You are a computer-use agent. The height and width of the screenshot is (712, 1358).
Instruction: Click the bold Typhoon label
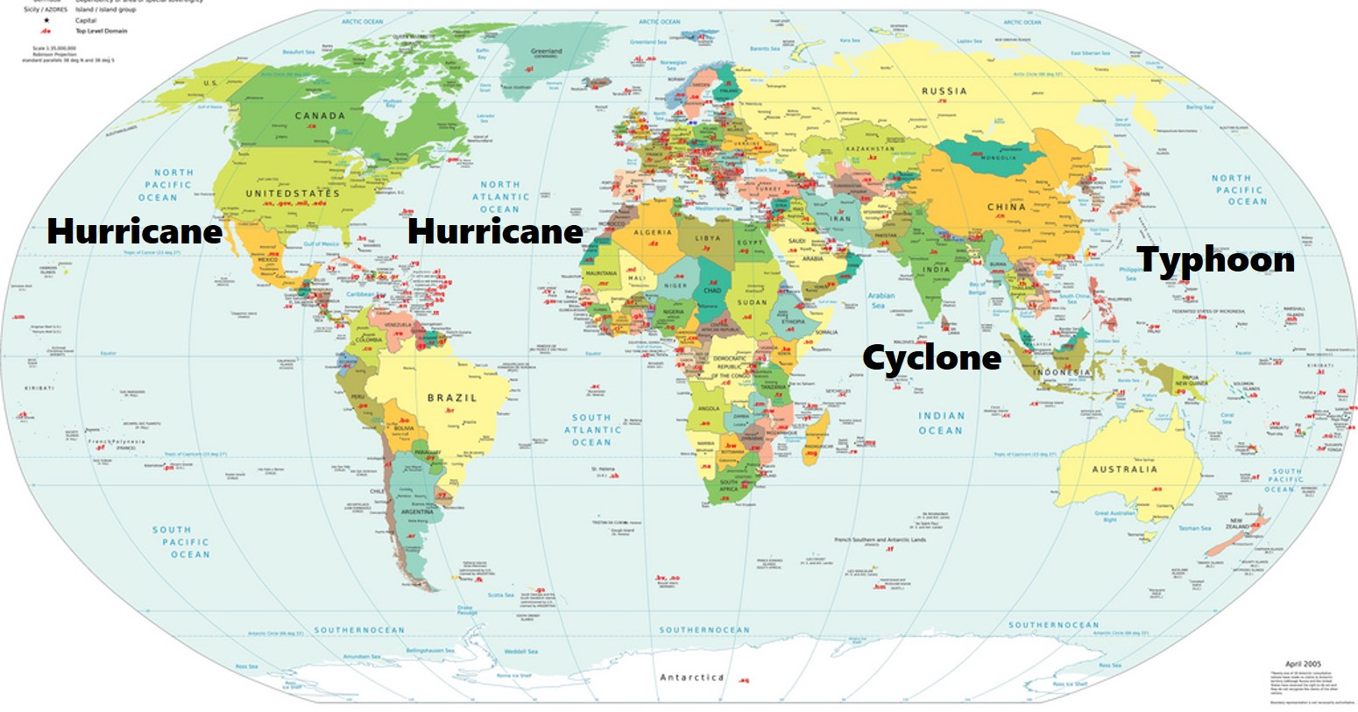coord(1215,260)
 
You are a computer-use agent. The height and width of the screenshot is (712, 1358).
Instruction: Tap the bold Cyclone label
coord(931,357)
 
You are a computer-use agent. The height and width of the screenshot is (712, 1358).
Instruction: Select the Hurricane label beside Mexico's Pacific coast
coord(134,231)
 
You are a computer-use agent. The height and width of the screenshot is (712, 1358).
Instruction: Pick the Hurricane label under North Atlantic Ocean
coord(495,231)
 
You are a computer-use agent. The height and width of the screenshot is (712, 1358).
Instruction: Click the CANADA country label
coord(320,116)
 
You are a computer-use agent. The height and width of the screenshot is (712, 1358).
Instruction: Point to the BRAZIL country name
coord(452,398)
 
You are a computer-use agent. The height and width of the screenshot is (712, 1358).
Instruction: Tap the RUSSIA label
coord(944,91)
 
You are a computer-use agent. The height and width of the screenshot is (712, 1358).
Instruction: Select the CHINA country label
coord(1007,207)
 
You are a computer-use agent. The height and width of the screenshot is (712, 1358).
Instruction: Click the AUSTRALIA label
coord(1124,469)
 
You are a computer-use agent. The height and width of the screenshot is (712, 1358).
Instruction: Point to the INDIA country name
coord(935,269)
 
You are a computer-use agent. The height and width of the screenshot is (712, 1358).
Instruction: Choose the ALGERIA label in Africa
coord(653,232)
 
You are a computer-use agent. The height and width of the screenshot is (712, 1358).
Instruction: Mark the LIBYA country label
coord(707,237)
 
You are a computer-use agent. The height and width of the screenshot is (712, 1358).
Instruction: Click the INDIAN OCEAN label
coord(941,423)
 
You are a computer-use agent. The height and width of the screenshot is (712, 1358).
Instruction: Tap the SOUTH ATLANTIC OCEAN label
coord(592,430)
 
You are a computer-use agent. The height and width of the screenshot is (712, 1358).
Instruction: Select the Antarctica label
coord(691,677)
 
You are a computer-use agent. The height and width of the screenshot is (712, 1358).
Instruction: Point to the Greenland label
coord(546,51)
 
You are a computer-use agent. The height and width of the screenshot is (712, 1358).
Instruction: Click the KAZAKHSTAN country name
coord(871,149)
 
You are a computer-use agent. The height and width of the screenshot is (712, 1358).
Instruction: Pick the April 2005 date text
coord(1303,664)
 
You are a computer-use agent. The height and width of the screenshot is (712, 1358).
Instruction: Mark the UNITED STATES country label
coord(292,193)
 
